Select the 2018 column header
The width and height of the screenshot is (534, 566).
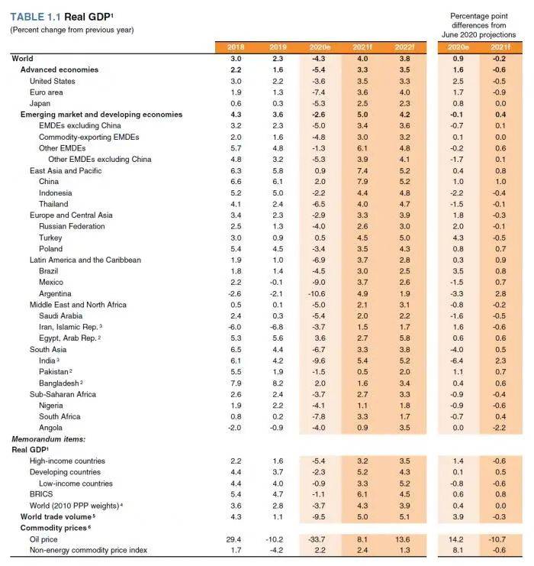(236, 47)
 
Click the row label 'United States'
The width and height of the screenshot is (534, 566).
(52, 81)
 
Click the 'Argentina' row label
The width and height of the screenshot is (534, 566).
(55, 293)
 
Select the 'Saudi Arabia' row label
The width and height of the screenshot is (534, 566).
(61, 315)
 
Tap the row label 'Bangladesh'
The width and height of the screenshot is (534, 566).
(60, 383)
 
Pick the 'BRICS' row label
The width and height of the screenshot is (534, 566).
(42, 495)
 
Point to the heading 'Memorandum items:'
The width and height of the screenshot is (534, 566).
(47, 439)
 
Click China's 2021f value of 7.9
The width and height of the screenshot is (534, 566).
(362, 182)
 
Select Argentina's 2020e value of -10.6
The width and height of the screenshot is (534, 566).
(319, 293)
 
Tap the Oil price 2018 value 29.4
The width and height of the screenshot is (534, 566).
(236, 539)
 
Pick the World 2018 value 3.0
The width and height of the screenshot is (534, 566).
(236, 59)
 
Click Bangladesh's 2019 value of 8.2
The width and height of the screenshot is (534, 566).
(278, 383)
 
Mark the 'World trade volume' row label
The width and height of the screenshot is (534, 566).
(52, 517)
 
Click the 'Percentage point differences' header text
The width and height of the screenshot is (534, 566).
(483, 24)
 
